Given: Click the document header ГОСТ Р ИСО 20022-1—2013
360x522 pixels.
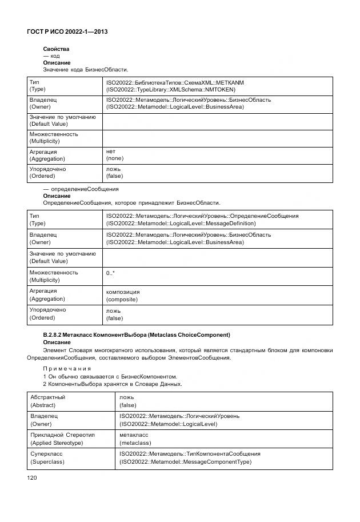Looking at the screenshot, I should pyautogui.click(x=67, y=32).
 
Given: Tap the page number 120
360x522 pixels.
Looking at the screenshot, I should pyautogui.click(x=32, y=478).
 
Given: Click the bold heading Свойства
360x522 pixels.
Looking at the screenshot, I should pyautogui.click(x=56, y=49).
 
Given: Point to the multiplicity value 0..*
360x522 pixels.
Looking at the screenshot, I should pyautogui.click(x=110, y=273).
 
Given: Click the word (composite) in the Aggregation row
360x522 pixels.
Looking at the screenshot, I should pyautogui.click(x=123, y=298).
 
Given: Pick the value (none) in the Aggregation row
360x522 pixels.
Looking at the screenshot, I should pyautogui.click(x=114, y=158).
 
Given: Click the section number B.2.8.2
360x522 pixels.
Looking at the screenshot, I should pyautogui.click(x=55, y=334).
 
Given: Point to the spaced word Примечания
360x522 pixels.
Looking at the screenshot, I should pyautogui.click(x=67, y=368).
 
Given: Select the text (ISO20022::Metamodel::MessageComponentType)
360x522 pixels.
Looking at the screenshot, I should pyautogui.click(x=185, y=462).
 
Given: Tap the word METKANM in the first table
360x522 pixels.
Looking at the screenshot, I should pyautogui.click(x=231, y=83).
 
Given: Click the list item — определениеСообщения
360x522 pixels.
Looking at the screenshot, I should pyautogui.click(x=81, y=189).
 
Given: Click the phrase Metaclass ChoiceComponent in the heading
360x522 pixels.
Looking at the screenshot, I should pyautogui.click(x=192, y=334).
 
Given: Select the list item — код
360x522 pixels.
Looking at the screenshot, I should pyautogui.click(x=51, y=56).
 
